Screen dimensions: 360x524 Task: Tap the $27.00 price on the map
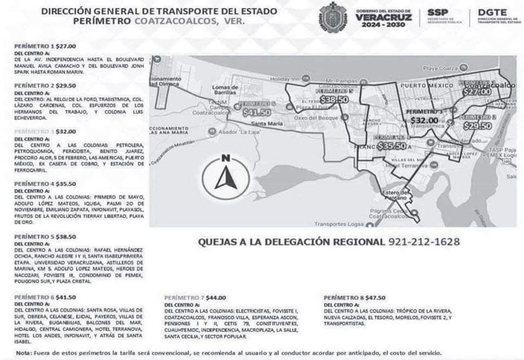(476, 92)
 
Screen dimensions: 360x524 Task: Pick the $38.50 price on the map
(334, 99)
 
